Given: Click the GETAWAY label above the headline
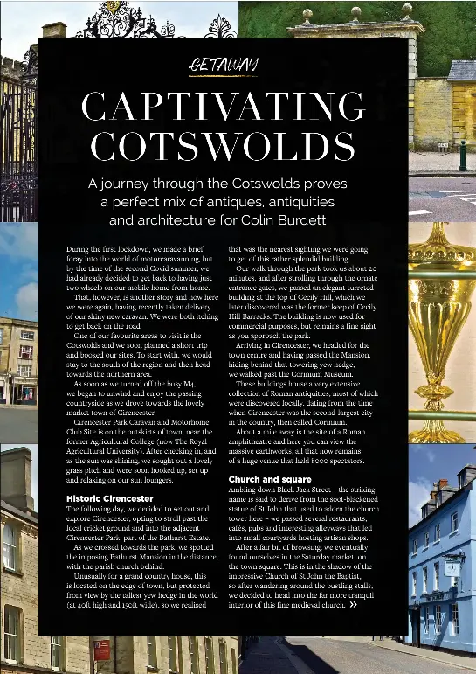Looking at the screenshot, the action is (224, 65).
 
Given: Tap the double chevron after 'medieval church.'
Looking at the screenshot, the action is (353, 628).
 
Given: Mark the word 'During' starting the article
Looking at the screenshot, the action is (78, 249).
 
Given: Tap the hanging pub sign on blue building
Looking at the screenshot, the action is (452, 566).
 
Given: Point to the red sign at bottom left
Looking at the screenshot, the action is (101, 650).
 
